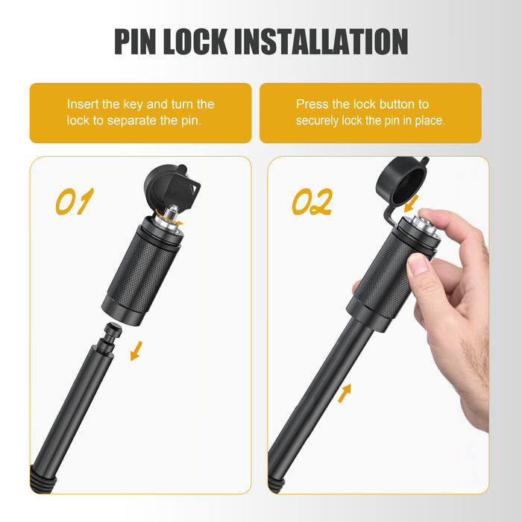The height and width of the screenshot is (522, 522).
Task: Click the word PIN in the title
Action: pyautogui.click(x=135, y=41)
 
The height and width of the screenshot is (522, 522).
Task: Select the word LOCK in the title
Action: pyautogui.click(x=195, y=41)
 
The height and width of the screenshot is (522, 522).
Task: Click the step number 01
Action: pyautogui.click(x=75, y=201)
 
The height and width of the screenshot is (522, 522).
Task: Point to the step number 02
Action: pyautogui.click(x=312, y=201)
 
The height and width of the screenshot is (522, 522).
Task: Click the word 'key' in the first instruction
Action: pyautogui.click(x=133, y=104)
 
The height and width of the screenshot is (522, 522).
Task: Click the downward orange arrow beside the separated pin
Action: pyautogui.click(x=136, y=351)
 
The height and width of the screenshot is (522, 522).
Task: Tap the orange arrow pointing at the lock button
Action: pyautogui.click(x=412, y=204)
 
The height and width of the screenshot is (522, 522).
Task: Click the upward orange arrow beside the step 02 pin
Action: pyautogui.click(x=345, y=393)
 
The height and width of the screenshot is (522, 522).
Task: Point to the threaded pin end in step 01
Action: pyautogui.click(x=41, y=480)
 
